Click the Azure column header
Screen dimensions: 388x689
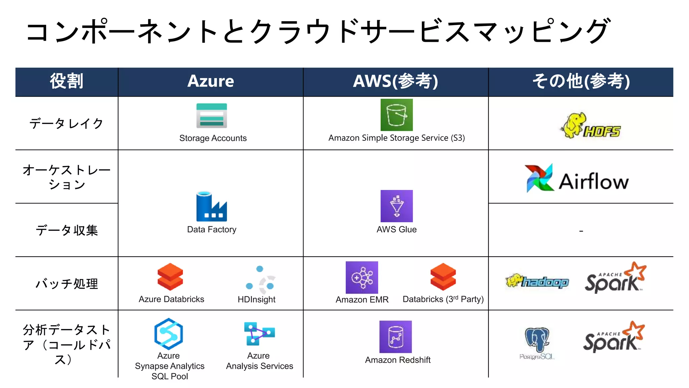[x=211, y=82]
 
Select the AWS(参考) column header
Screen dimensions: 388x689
[x=396, y=82]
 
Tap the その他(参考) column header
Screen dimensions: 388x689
[x=581, y=82]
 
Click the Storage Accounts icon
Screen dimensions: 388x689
[x=212, y=116]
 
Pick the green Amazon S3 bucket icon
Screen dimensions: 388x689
[x=396, y=115]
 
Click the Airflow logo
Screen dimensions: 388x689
[x=577, y=179]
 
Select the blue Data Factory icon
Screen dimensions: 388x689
[x=212, y=206]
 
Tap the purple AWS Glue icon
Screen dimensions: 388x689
[x=396, y=206]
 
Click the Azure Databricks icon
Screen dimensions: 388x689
[x=170, y=277]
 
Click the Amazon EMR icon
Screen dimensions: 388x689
[x=362, y=278]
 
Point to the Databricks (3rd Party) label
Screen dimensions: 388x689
[x=443, y=299]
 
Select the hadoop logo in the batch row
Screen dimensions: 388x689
[x=537, y=281]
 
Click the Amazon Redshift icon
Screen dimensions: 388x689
[x=395, y=336]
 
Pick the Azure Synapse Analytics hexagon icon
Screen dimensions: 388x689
[x=168, y=334]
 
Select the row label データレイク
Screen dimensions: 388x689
[x=66, y=124]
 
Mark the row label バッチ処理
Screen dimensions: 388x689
[x=67, y=284]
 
